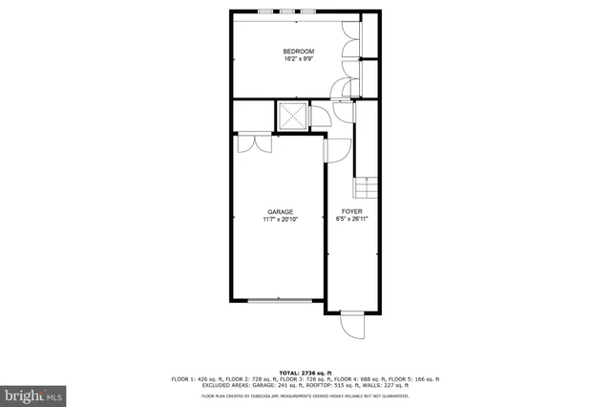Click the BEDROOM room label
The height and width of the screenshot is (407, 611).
[298, 51]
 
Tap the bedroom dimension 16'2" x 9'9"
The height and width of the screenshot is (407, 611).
[298, 59]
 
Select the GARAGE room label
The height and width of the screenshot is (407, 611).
[279, 212]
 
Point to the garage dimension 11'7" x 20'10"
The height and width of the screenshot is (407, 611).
[279, 221]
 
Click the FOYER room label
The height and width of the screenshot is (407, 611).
[353, 212]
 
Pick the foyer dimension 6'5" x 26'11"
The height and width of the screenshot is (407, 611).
[353, 221]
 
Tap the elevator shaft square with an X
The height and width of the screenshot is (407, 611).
[292, 117]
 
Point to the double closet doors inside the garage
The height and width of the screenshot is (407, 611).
[247, 142]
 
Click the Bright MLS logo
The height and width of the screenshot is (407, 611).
[34, 394]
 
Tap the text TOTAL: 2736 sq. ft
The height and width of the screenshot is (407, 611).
[305, 372]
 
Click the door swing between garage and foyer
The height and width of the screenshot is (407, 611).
[335, 148]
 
